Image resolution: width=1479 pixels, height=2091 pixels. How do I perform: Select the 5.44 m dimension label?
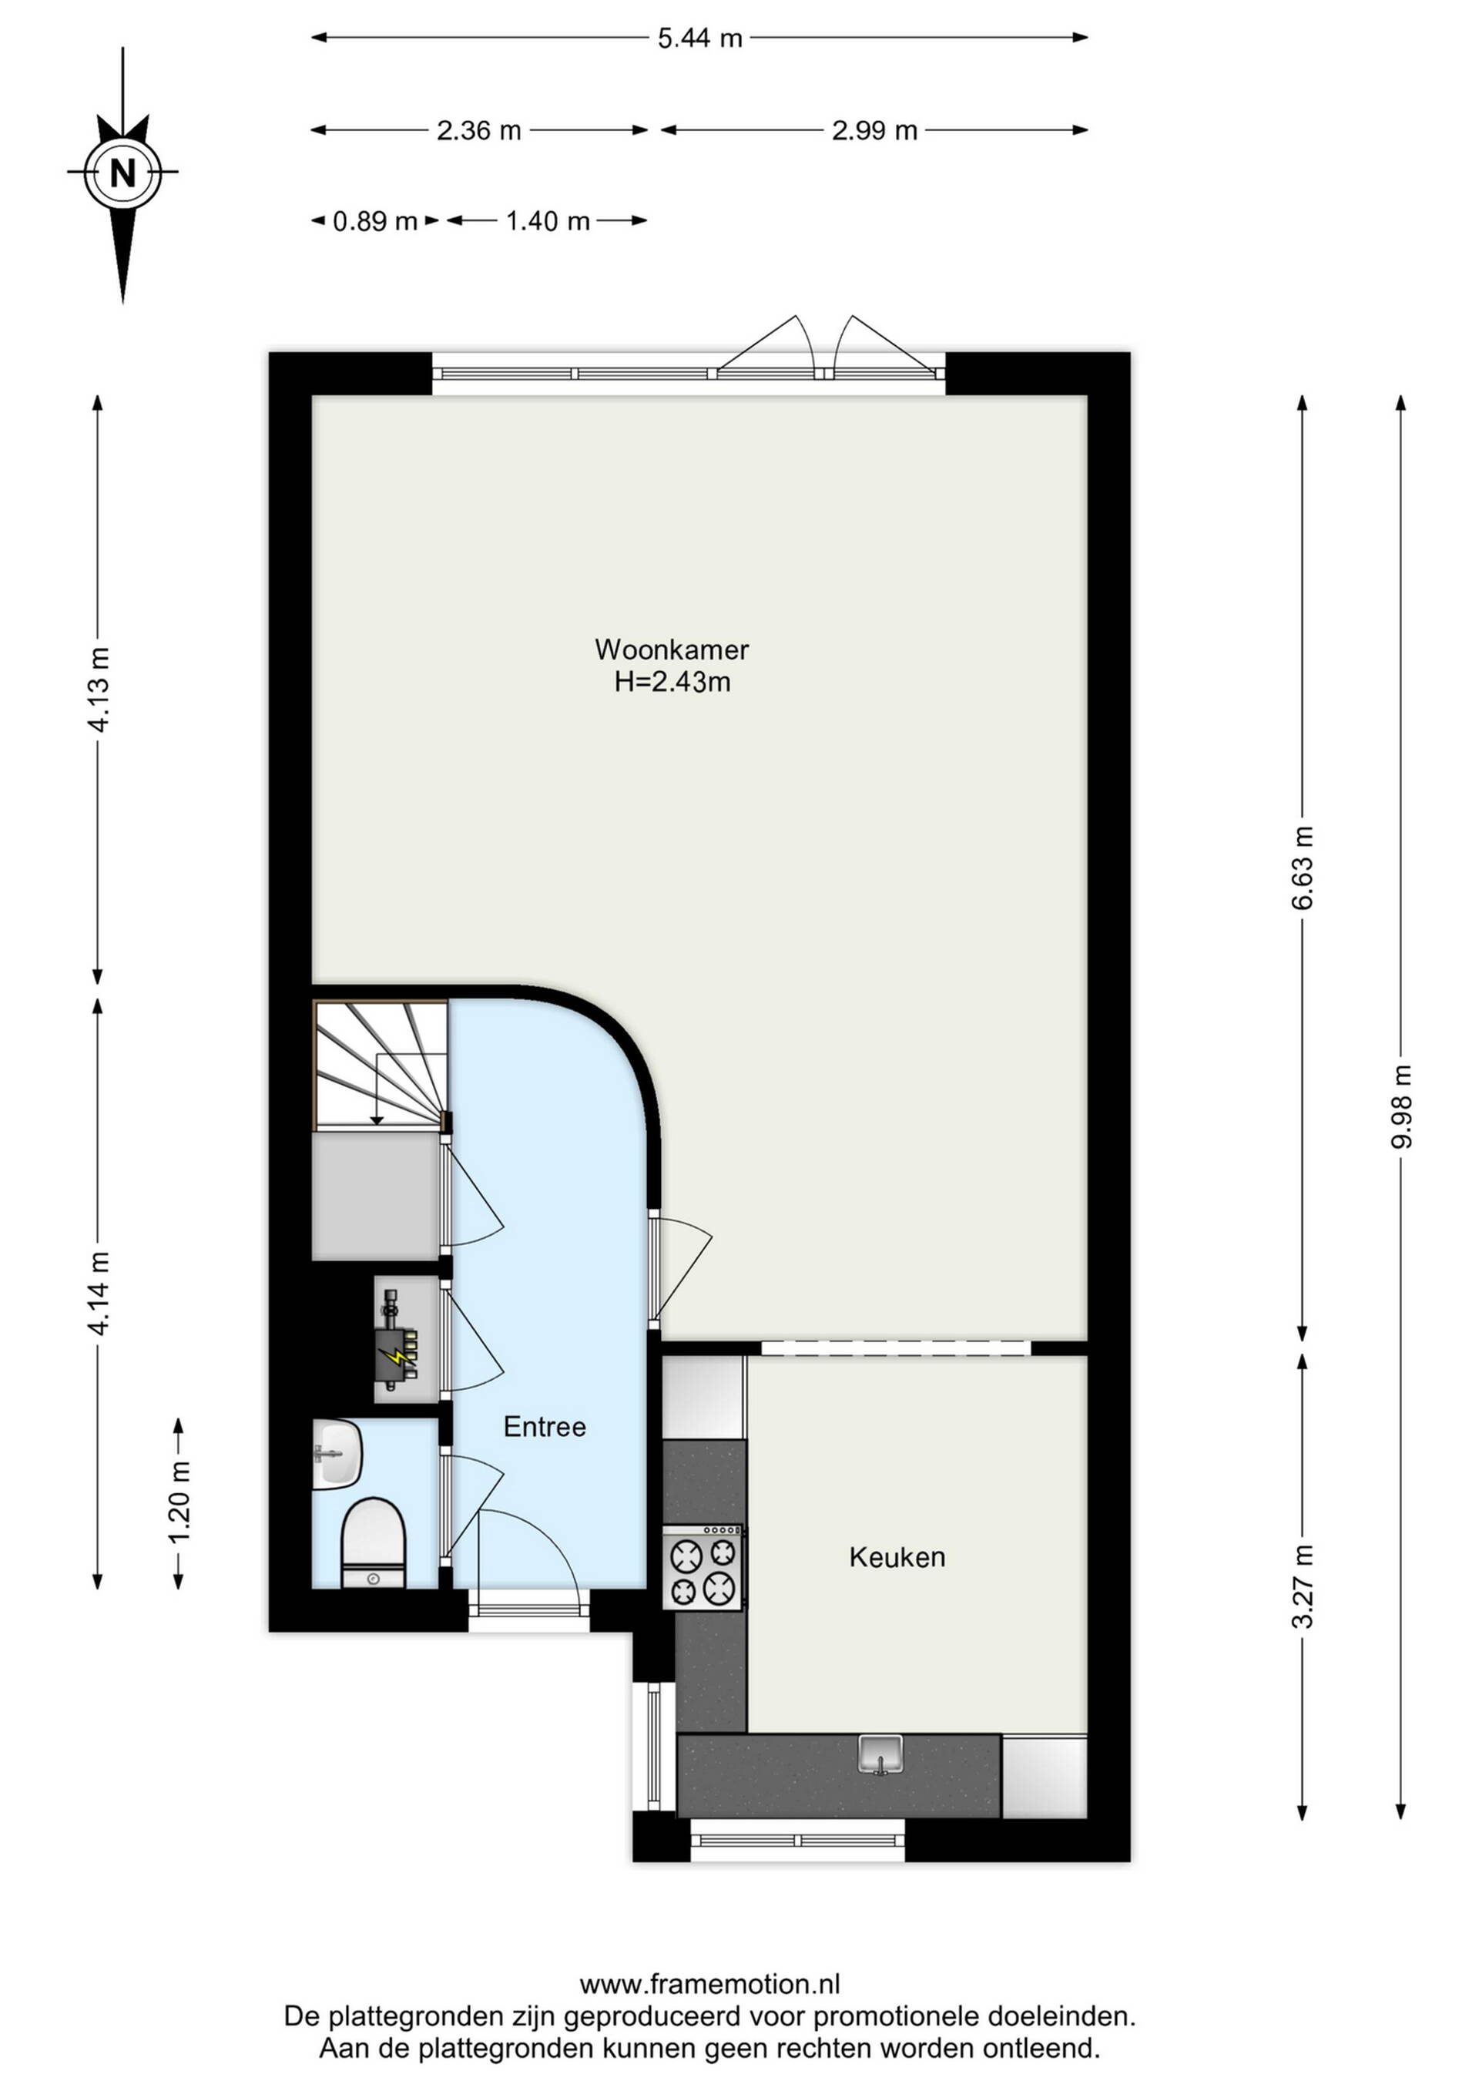699,39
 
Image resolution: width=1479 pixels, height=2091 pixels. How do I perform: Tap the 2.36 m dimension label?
478,131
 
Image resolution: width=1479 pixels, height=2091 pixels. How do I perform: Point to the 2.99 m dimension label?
874,131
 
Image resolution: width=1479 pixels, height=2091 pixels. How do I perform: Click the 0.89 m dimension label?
374,221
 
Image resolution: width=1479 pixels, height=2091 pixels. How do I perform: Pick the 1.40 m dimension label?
548,221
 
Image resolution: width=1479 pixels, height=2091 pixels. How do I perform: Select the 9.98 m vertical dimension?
1402,1106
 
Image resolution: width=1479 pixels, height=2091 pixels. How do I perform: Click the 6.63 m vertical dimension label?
1303,867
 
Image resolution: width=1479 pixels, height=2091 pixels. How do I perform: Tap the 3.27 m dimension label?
1303,1586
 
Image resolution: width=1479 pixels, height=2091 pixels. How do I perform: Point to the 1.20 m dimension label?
179,1502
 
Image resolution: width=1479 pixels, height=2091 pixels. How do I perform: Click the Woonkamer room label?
672,649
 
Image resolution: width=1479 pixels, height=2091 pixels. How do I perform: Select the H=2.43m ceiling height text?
672,681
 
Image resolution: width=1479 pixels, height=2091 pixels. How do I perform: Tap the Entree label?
545,1427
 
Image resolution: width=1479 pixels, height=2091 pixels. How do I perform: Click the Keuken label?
897,1557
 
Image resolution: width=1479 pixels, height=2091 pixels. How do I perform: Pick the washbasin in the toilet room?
337,1455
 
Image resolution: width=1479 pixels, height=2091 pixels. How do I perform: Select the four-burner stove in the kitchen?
703,1566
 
